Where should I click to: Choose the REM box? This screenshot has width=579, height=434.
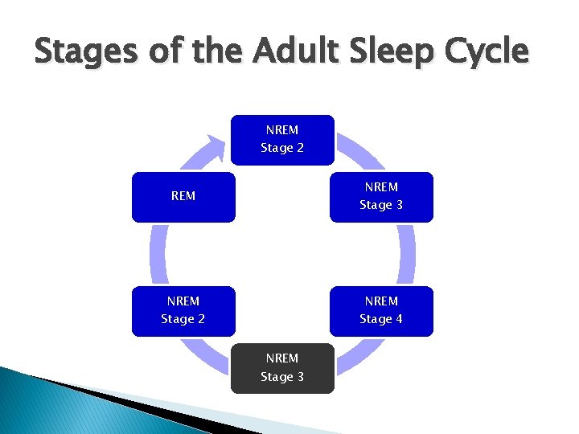[x=183, y=196]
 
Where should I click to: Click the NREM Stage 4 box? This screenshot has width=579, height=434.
[x=381, y=310]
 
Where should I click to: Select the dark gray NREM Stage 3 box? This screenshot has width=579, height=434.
[x=281, y=368]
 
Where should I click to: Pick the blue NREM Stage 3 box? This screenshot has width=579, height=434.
[x=381, y=196]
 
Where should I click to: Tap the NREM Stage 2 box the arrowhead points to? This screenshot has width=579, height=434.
[x=281, y=139]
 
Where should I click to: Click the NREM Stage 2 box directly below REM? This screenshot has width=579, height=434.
[x=183, y=310]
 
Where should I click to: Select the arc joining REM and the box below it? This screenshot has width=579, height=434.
[x=158, y=253]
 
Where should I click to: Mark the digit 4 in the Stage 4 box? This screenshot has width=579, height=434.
[x=399, y=319]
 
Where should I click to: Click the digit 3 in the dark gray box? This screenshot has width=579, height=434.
[x=300, y=377]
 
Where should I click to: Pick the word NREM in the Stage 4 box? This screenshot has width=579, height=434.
[x=381, y=301]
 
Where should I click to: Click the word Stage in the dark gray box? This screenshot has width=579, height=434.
[x=275, y=377]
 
